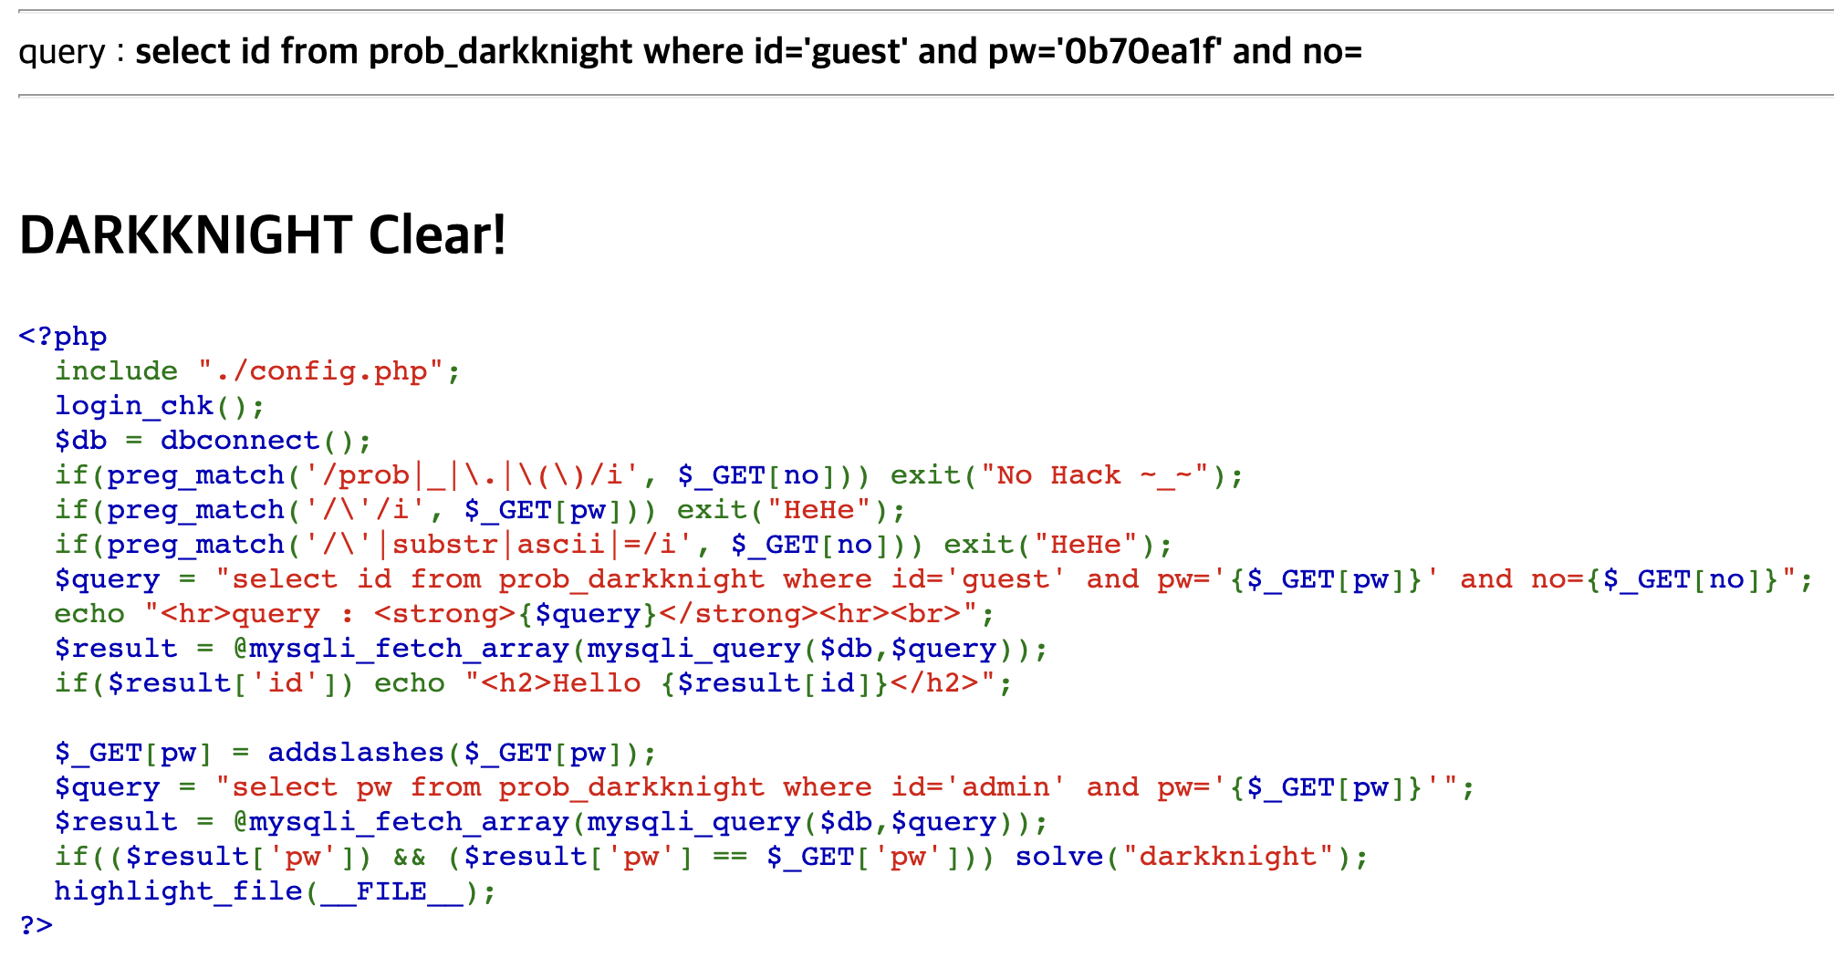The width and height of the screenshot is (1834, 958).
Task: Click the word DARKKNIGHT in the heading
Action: click(x=185, y=235)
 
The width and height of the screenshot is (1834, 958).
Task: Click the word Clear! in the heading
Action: click(x=437, y=235)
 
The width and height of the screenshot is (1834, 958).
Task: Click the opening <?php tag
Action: click(x=63, y=337)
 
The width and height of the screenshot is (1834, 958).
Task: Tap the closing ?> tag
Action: click(x=36, y=925)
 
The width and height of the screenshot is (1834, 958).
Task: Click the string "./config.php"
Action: click(x=321, y=371)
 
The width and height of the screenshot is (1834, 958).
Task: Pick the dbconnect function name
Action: click(x=240, y=441)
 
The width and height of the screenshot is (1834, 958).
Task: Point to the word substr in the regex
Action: click(x=445, y=545)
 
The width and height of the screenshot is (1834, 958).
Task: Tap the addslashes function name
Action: click(x=356, y=753)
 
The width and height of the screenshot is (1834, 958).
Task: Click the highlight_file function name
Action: click(x=178, y=891)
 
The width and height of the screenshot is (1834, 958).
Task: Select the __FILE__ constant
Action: click(x=391, y=891)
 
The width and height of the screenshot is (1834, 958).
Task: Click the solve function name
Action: click(x=1058, y=857)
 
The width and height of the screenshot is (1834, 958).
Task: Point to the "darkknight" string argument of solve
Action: click(x=1227, y=857)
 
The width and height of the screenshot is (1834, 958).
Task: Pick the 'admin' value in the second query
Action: click(x=1006, y=787)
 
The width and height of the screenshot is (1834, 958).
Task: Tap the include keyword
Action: click(x=116, y=371)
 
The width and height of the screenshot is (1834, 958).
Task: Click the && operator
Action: click(x=410, y=857)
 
